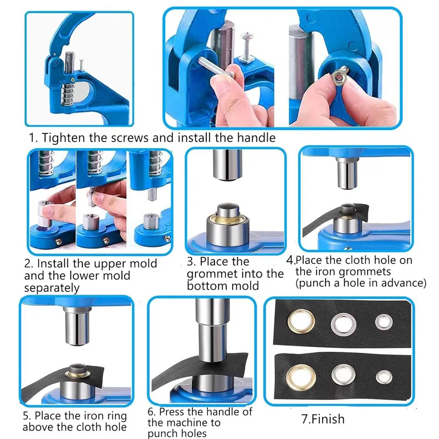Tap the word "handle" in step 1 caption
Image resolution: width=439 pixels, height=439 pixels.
[256, 138]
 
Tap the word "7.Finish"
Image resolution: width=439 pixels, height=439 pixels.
[323, 419]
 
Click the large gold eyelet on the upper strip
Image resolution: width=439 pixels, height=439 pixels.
[301, 321]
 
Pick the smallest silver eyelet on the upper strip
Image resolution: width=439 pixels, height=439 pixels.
[384, 322]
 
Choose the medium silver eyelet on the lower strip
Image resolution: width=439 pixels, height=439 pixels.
[344, 375]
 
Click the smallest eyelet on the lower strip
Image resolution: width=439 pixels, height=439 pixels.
[384, 377]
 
